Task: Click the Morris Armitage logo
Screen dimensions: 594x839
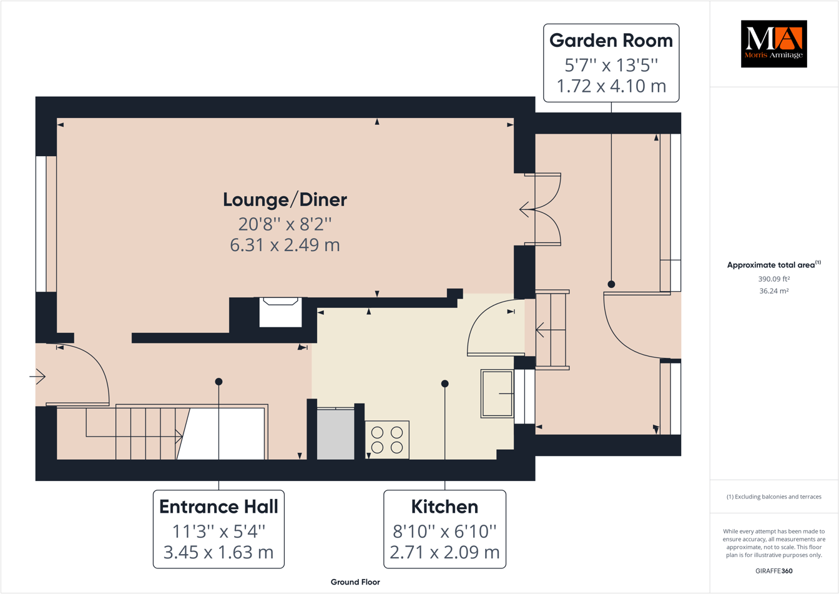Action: (x=773, y=44)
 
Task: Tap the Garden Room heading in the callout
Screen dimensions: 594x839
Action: (x=611, y=41)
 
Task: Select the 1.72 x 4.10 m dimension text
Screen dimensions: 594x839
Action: (x=611, y=86)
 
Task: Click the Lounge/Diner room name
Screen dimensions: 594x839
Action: (x=285, y=200)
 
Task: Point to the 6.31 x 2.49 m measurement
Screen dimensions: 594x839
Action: (x=285, y=245)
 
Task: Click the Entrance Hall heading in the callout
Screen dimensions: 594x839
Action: (x=218, y=507)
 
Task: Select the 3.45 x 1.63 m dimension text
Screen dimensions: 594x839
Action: (x=218, y=552)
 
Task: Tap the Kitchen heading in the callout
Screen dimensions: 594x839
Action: (x=444, y=507)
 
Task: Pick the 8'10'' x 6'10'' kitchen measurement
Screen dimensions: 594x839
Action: (x=444, y=531)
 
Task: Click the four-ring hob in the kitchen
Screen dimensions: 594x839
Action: (x=387, y=440)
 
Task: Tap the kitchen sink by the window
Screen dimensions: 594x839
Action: (x=497, y=394)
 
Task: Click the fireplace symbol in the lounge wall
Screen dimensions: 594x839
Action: (x=280, y=311)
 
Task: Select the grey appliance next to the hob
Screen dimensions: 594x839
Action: (x=336, y=434)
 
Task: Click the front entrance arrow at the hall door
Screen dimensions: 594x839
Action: (x=38, y=377)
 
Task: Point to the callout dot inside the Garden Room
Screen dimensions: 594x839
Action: (x=611, y=284)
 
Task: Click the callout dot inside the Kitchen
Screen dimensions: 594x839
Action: (x=444, y=384)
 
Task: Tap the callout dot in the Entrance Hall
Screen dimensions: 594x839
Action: (x=218, y=382)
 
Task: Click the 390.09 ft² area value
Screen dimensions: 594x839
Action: (x=773, y=279)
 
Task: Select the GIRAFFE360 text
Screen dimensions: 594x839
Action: (x=773, y=571)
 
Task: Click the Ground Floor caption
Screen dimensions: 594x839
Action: (x=355, y=582)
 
